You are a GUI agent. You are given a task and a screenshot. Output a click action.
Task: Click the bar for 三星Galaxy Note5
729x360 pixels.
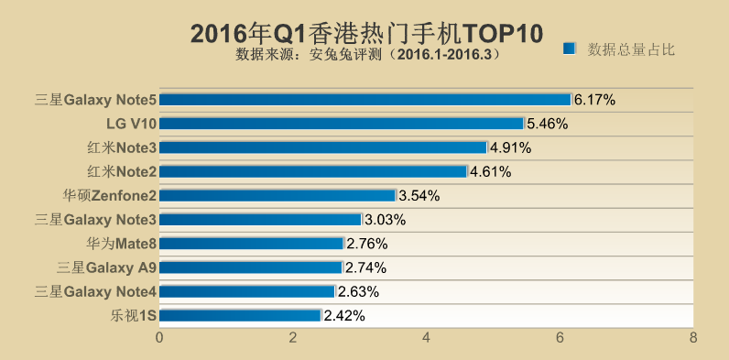pos(365,99)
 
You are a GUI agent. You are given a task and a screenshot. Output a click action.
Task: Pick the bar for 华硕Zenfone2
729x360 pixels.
pos(278,195)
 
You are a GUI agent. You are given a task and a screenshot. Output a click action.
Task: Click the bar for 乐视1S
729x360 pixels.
pos(241,315)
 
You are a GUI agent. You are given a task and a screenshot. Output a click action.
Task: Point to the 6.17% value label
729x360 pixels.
pos(594,99)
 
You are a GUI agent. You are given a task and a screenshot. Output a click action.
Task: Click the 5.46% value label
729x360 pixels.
pos(548,123)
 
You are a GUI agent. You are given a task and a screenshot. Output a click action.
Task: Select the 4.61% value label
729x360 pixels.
pos(490,171)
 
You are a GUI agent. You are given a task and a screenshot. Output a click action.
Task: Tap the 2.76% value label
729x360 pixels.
pos(366,244)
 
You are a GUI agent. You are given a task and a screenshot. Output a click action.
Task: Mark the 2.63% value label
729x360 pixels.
pos(358,291)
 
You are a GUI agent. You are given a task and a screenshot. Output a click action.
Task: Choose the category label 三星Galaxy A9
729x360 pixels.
pos(106,267)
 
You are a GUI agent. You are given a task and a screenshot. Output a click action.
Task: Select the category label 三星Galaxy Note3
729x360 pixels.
pos(95,220)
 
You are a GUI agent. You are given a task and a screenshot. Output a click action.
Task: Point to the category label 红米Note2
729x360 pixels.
pos(122,171)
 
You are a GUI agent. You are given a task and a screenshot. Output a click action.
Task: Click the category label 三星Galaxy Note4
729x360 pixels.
pos(95,291)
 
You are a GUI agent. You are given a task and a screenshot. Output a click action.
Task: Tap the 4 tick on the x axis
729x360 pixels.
pos(427,337)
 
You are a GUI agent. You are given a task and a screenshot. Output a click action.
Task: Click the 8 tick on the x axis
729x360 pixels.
pos(693,337)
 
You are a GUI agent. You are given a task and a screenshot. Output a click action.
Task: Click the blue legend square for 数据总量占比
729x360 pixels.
pos(569,49)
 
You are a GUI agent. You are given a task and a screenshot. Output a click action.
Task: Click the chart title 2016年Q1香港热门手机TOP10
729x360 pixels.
pos(366,33)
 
